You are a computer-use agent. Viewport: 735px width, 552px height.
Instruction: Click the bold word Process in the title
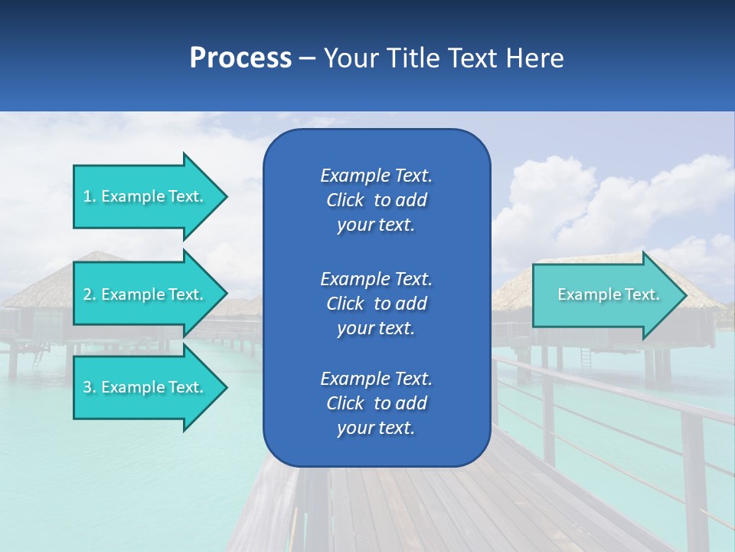click(x=240, y=58)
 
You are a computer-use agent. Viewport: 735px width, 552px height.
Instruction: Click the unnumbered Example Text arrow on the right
click(x=608, y=294)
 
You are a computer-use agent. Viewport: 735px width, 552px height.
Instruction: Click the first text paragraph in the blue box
click(x=376, y=200)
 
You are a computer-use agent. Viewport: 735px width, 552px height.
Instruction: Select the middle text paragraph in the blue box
click(x=376, y=304)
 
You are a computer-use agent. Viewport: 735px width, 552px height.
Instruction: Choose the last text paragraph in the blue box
click(x=376, y=403)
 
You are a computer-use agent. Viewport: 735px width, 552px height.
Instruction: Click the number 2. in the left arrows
click(x=90, y=294)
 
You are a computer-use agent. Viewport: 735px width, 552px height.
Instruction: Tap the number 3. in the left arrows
click(x=90, y=387)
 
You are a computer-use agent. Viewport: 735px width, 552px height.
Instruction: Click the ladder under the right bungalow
click(x=586, y=357)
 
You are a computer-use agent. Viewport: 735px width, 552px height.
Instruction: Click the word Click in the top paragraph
click(x=345, y=200)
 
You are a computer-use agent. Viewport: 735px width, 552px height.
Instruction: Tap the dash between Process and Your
click(x=307, y=59)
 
